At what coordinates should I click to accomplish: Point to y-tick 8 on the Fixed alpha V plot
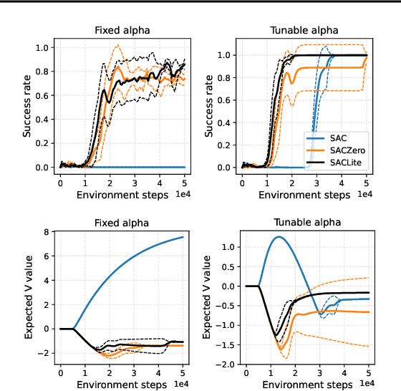(x=47, y=232)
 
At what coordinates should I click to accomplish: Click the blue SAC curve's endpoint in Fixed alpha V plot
(x=183, y=236)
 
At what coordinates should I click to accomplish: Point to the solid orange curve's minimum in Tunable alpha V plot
(x=281, y=349)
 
